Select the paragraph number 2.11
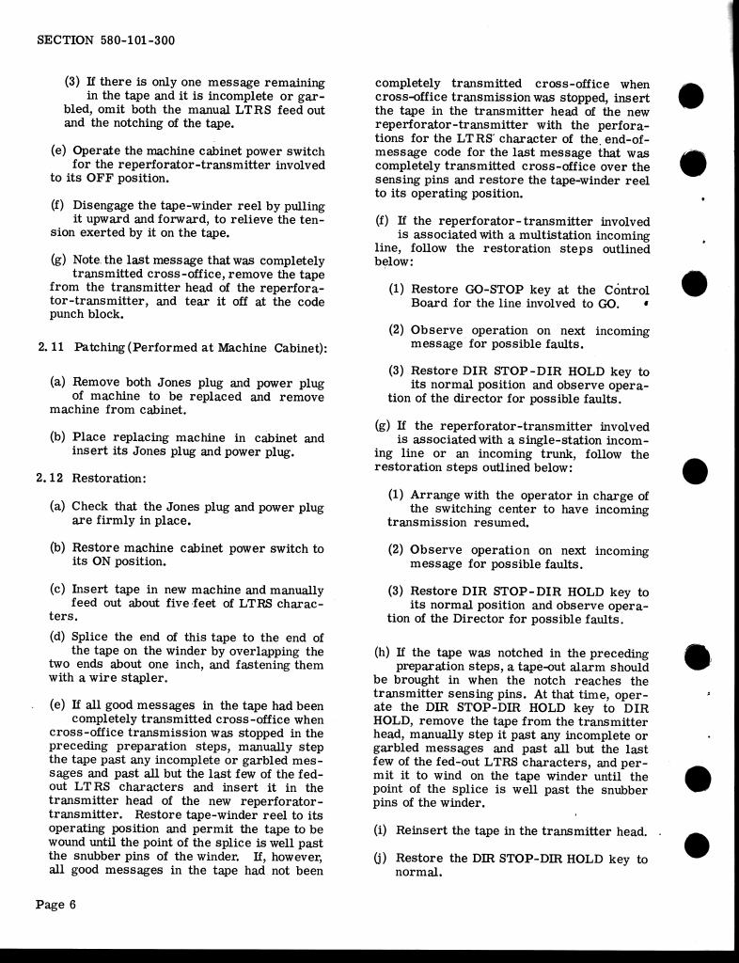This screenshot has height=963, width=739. tap(51, 348)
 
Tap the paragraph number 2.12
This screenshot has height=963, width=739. tap(51, 478)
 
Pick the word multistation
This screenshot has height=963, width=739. tap(502, 235)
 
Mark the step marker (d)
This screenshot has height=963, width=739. tap(57, 638)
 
